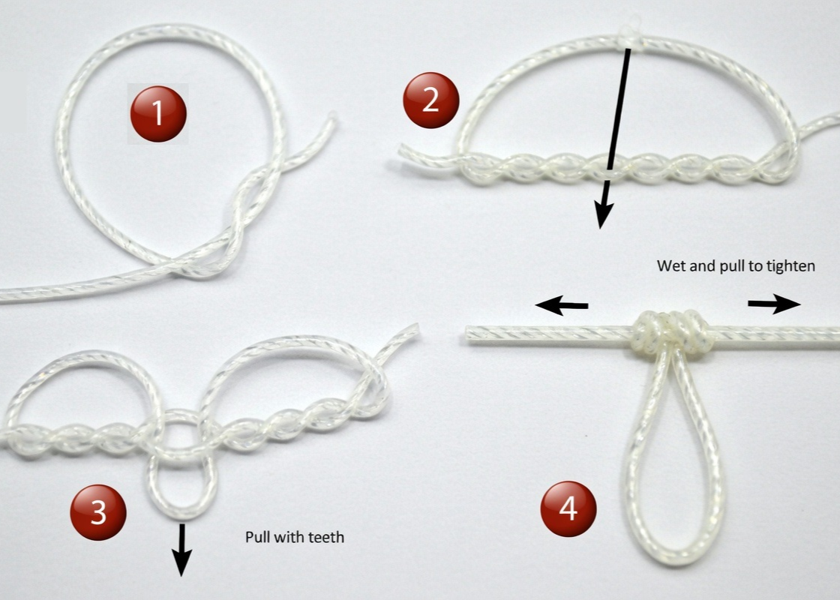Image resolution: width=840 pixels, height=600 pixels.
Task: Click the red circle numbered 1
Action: click(158, 114)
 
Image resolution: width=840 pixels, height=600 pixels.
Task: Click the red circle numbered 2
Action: click(430, 100)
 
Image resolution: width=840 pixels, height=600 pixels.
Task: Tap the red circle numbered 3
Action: click(98, 512)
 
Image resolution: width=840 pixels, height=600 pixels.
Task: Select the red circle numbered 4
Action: click(568, 510)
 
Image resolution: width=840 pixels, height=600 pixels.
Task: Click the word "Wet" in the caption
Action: click(669, 265)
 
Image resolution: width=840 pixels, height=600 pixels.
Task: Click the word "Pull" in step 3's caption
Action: click(257, 537)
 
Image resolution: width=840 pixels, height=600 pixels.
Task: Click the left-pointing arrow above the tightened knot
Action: click(561, 304)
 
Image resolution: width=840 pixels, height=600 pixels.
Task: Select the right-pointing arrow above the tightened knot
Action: click(775, 303)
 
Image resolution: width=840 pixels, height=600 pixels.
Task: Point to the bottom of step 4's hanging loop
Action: click(675, 559)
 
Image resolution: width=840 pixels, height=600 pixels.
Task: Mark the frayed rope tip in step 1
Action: click(330, 120)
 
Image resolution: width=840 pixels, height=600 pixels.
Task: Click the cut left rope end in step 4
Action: click(471, 334)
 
